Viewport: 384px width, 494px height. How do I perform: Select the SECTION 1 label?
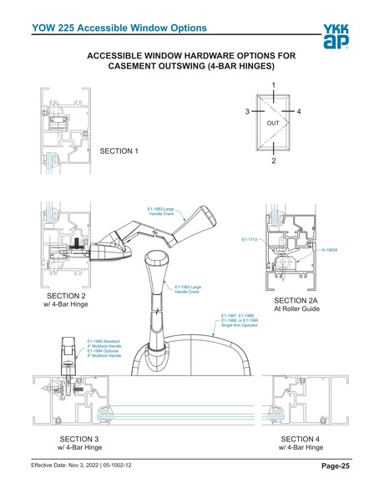[x=118, y=151]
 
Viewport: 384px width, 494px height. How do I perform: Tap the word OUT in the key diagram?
[x=273, y=123]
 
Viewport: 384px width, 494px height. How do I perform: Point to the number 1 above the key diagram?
[x=274, y=85]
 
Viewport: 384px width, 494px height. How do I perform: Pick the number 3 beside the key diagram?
[x=247, y=111]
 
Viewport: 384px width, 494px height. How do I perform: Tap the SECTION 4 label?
[x=300, y=440]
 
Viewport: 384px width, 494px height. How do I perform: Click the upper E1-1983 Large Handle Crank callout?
[x=161, y=211]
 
